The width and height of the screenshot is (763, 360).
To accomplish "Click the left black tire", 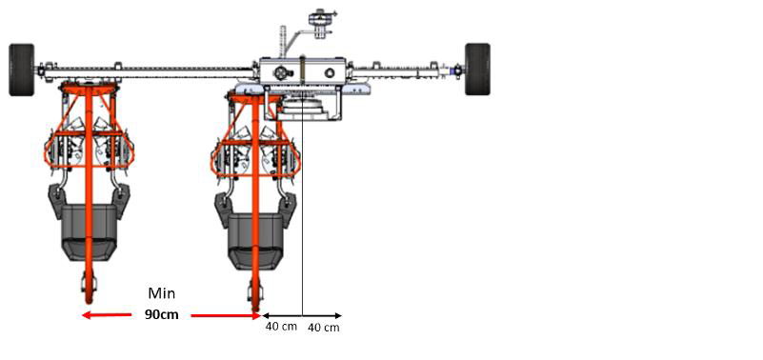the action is coord(22,70).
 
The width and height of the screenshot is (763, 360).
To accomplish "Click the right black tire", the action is coord(477,70).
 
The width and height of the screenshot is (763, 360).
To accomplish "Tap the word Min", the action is coord(162,293).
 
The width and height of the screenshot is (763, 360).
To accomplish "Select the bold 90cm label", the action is coord(162,314).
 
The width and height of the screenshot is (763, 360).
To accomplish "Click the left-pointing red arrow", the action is coord(107,315).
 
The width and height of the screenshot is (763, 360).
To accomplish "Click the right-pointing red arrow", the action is coord(227,316).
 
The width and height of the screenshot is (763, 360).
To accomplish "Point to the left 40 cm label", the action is coord(281,326).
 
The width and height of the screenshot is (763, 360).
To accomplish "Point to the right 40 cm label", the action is coord(324,328).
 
